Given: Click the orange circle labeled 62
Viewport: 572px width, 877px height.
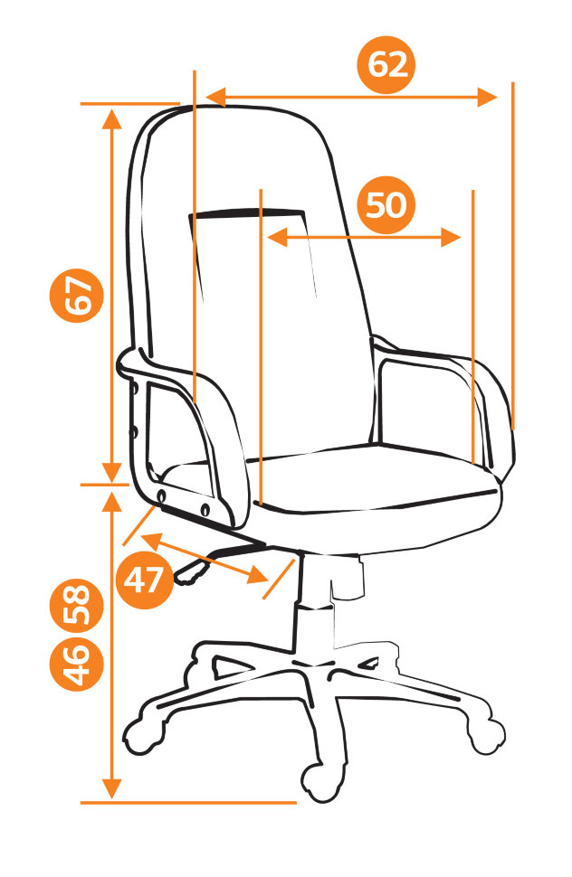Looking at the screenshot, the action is [x=386, y=65].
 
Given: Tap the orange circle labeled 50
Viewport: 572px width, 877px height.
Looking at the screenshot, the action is [x=386, y=205].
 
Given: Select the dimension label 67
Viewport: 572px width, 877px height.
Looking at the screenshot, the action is [x=77, y=295].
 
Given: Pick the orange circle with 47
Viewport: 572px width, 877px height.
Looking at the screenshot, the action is [x=144, y=580].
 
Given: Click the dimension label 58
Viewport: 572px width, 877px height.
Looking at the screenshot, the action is [x=77, y=606].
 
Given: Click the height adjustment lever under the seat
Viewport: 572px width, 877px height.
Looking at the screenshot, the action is [x=219, y=560].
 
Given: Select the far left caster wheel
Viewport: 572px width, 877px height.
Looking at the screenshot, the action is [x=140, y=735].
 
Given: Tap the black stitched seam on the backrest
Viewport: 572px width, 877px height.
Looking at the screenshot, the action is [x=246, y=212].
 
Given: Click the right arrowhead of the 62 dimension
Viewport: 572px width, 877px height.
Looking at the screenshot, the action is [x=488, y=98].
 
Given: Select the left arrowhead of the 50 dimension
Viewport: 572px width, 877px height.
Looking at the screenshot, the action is [x=277, y=237].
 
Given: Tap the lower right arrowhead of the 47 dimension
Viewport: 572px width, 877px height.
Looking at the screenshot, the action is [x=257, y=576].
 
